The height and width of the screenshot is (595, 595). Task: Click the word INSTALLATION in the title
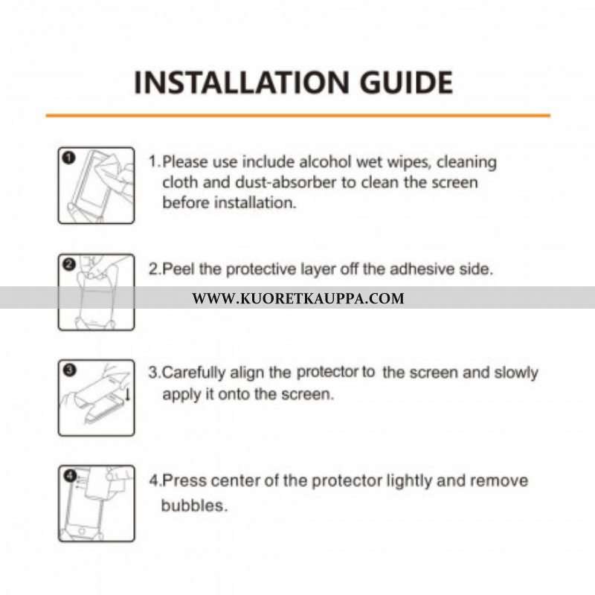tap(242, 83)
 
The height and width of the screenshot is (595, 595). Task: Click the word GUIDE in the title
tap(406, 83)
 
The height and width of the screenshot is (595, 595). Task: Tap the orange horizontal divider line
tap(298, 115)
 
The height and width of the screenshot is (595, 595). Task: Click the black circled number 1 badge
tap(68, 158)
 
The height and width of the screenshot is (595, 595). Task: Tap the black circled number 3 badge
tap(70, 370)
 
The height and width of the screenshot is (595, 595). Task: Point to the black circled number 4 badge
tap(70, 475)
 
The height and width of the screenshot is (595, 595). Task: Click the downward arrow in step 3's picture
tap(127, 393)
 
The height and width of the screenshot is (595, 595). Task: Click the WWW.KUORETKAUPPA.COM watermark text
tap(298, 298)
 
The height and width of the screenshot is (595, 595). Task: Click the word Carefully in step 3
tap(193, 373)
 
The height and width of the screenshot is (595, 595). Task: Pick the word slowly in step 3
tap(516, 373)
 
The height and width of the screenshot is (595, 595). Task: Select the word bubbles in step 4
tap(194, 506)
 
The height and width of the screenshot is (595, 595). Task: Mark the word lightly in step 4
tap(408, 481)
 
